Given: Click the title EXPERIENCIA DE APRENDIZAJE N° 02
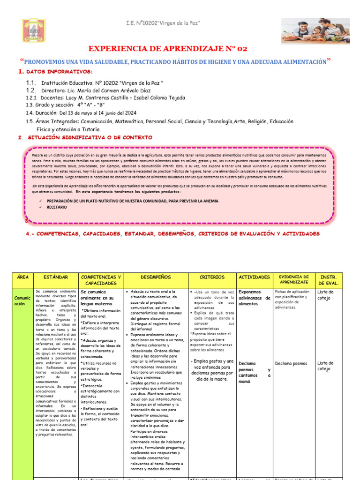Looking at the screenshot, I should pyautogui.click(x=167, y=49).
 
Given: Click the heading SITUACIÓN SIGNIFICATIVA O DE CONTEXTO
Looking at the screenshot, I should pyautogui.click(x=89, y=137).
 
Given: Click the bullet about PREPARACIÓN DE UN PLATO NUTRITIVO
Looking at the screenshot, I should pyautogui.click(x=133, y=201).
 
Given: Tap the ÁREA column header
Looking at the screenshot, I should pyautogui.click(x=22, y=277).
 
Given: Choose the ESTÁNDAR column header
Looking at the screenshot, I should pyautogui.click(x=55, y=277).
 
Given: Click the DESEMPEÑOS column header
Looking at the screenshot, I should pyautogui.click(x=156, y=277).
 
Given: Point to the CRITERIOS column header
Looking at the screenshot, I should pyautogui.click(x=212, y=277).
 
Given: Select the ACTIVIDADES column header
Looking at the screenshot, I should pyautogui.click(x=254, y=277).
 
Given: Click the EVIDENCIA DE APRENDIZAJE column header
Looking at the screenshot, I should pyautogui.click(x=294, y=280).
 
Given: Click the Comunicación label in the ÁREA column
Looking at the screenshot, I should pyautogui.click(x=22, y=300).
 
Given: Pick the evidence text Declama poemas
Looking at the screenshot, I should pyautogui.click(x=291, y=363).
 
